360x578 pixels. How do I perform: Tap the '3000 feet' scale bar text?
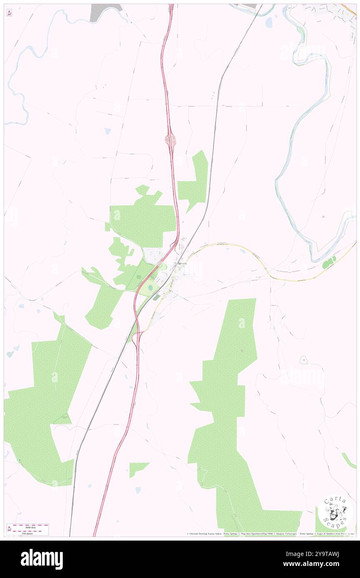(27, 526)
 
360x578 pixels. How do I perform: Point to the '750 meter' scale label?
(27, 532)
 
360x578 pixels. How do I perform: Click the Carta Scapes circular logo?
(335, 512)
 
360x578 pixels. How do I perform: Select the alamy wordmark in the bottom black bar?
(42, 559)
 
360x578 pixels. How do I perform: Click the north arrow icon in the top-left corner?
(9, 13)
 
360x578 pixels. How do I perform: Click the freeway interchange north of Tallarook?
(170, 141)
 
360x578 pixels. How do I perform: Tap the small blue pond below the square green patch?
(138, 490)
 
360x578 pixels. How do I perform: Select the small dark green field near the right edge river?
(330, 262)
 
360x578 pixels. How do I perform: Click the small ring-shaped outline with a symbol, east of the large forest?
(304, 359)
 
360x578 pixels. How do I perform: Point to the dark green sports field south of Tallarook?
(156, 297)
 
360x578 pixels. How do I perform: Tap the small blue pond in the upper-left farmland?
(108, 131)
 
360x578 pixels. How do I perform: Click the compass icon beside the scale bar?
(9, 529)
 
